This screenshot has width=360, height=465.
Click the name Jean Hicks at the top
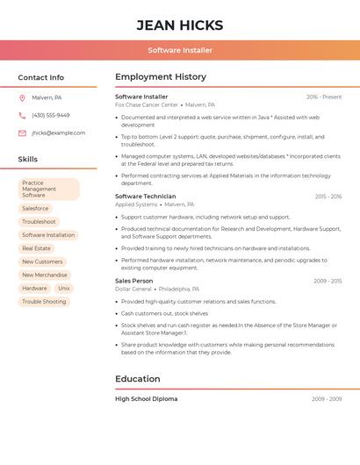click(180, 25)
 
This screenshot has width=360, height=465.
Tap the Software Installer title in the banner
click(180, 50)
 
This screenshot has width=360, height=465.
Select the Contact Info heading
click(41, 77)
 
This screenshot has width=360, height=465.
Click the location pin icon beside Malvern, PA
click(22, 97)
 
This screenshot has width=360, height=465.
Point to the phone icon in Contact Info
click(22, 115)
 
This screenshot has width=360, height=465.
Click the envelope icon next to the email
click(22, 133)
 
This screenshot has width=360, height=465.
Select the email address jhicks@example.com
click(59, 133)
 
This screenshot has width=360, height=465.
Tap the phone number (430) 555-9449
click(51, 115)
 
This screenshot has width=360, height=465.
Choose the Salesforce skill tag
click(35, 209)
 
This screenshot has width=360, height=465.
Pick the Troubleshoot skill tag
click(39, 222)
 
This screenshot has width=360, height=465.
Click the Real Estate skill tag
click(36, 248)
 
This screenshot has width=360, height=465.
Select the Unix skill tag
click(64, 289)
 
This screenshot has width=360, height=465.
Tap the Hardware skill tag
click(34, 289)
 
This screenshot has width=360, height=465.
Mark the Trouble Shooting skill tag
click(44, 302)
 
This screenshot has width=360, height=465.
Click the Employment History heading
click(161, 77)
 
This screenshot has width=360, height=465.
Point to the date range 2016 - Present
click(324, 97)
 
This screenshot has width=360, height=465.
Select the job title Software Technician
click(146, 197)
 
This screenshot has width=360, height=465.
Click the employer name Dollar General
click(133, 289)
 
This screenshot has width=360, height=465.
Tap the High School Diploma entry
click(146, 399)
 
